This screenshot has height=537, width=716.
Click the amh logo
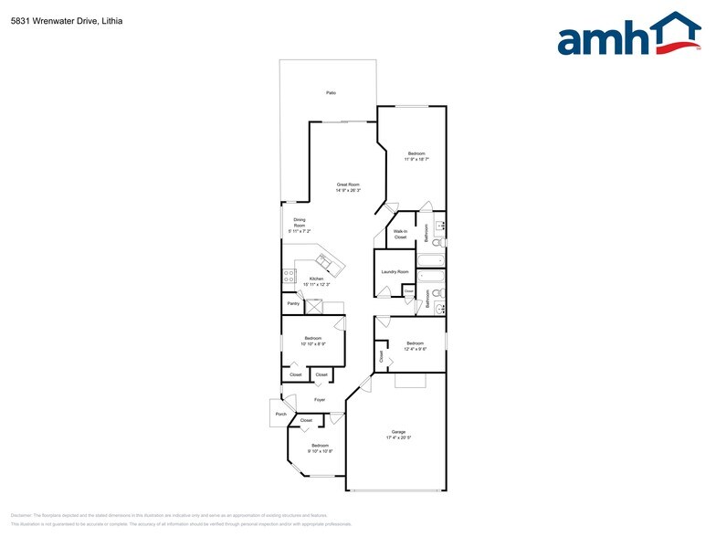(629, 37)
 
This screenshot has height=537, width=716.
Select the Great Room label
(348, 184)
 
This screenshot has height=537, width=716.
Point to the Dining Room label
(299, 222)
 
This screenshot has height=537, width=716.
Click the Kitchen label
(316, 279)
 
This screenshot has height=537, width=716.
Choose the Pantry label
(293, 303)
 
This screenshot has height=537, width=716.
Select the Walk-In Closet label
(400, 235)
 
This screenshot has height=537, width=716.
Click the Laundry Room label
(395, 272)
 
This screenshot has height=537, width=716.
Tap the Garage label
(398, 431)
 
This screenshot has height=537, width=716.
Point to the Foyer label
(320, 400)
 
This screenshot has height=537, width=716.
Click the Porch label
(280, 415)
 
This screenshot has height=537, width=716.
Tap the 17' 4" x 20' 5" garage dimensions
(398, 437)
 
